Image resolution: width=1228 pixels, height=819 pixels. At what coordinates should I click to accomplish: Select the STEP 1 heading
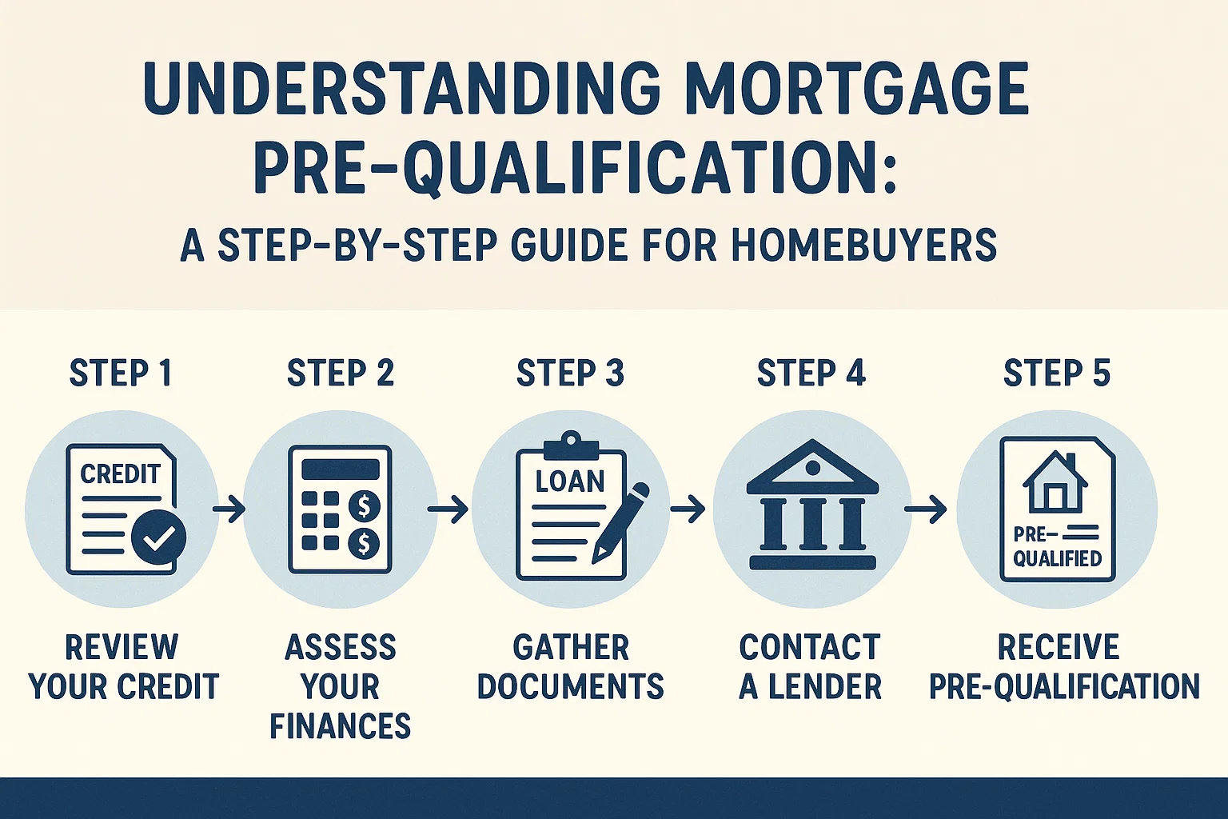(121, 374)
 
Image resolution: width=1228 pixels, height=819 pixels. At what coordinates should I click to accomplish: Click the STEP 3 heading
(570, 374)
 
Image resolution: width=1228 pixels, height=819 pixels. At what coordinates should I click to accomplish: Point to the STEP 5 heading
(1057, 374)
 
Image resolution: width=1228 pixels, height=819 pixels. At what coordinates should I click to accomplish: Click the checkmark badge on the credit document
(159, 537)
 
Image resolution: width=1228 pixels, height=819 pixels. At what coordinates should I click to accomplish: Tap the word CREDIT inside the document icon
(120, 474)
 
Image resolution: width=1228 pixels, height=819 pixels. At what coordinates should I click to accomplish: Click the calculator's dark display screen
(340, 469)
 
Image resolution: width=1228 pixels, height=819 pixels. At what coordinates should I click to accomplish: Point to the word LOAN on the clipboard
(570, 481)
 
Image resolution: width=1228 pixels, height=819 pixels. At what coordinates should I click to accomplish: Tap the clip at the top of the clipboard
(570, 442)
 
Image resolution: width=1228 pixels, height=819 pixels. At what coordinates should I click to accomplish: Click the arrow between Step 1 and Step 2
(229, 509)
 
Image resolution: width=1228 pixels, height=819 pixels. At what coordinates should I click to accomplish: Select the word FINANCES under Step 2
(340, 726)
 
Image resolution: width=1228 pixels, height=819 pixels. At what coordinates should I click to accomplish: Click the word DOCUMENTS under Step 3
(570, 686)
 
